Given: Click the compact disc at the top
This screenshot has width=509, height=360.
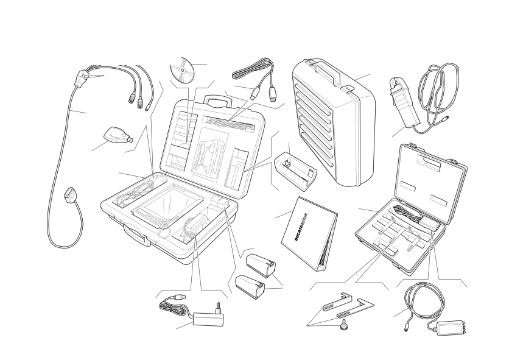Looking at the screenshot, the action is point(182,70).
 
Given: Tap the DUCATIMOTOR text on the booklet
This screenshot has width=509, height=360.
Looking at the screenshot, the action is point(301,227).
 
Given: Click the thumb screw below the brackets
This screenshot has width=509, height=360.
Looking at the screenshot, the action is point(343,325).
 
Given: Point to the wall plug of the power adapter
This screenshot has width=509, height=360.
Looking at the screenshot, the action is point(219,308).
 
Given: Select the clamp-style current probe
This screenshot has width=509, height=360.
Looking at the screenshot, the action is point(404,104).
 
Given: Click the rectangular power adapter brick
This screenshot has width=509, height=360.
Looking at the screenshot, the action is point(208,319).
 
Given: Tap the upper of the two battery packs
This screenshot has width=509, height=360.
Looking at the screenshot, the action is point(261,266).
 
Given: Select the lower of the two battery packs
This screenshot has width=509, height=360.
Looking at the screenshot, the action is point(250,286).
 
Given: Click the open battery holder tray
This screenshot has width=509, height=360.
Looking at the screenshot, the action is point(296,171).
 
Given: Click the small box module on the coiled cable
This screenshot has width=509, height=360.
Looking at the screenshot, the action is point(449,328).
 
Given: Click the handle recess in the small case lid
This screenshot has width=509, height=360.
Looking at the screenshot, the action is point(429,163).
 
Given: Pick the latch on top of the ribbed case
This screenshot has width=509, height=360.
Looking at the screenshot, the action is point(347,88).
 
